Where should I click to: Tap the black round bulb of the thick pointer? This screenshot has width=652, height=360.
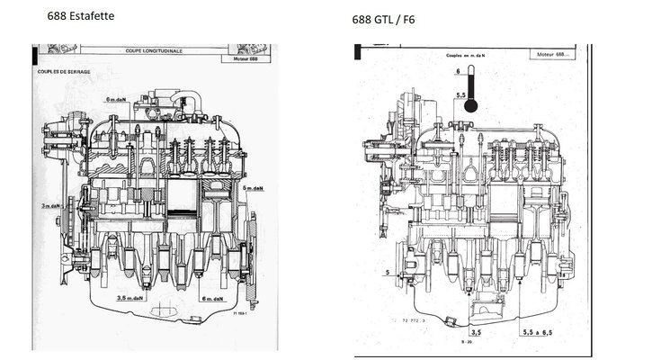(469, 105)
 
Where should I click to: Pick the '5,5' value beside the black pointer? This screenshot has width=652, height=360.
(460, 92)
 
